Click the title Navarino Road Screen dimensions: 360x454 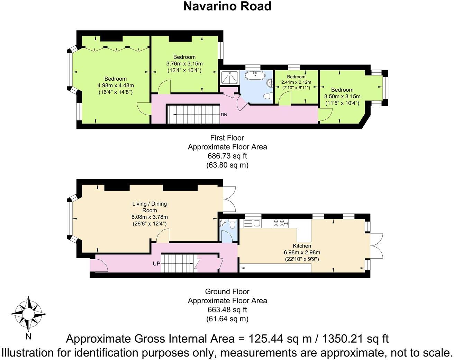[227, 6]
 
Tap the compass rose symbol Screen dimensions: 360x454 [28, 314]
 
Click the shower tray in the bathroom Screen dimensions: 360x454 [229, 78]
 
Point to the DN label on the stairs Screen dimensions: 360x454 [224, 115]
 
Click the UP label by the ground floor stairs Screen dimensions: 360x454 [156, 264]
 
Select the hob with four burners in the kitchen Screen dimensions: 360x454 [281, 223]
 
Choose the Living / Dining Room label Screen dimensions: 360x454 [149, 207]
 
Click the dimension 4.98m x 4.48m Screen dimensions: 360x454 [116, 85]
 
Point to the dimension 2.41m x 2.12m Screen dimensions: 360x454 [296, 82]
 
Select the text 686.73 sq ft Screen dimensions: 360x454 [227, 156]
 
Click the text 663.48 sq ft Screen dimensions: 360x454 [227, 309]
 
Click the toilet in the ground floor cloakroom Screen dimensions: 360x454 [233, 225]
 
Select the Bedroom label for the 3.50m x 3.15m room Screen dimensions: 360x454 [342, 90]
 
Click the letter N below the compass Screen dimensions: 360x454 [28, 336]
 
